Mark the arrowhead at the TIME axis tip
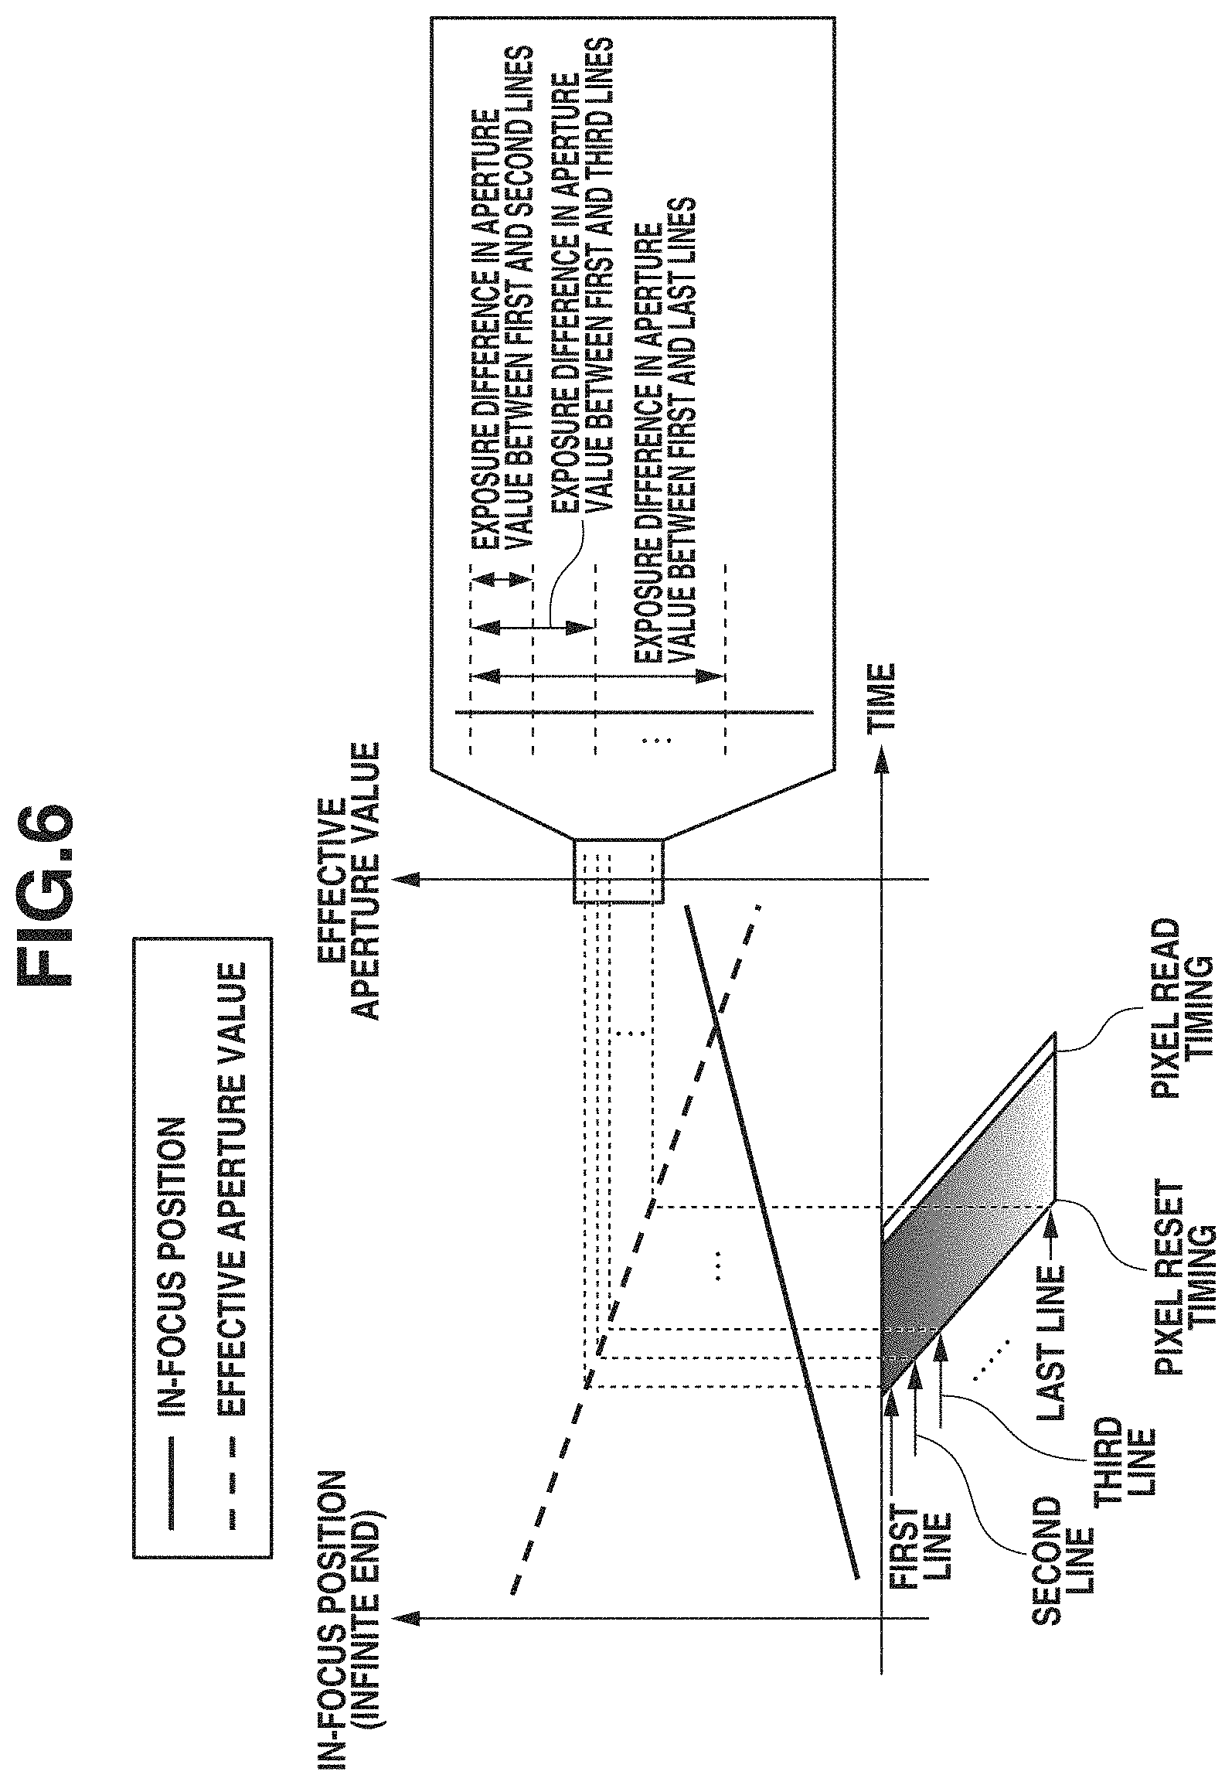click(880, 762)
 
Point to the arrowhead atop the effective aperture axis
click(405, 879)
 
